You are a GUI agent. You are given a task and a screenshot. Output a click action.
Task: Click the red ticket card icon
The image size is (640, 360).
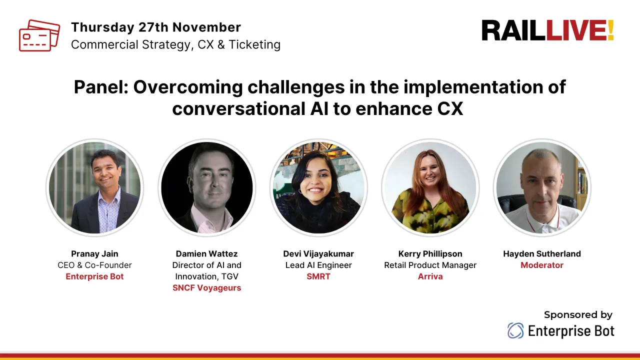tap(39, 35)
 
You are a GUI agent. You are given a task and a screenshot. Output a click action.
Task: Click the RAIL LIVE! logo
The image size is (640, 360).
tap(547, 31)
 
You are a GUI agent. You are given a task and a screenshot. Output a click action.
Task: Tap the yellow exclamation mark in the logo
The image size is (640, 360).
tap(610, 31)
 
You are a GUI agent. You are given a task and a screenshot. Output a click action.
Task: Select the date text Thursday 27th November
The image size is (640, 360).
tap(156, 27)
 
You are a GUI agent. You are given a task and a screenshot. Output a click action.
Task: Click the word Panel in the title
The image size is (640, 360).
tap(100, 87)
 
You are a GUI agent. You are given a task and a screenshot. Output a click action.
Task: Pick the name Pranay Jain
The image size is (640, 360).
tap(94, 253)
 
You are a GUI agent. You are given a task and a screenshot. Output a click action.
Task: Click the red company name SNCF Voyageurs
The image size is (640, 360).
tap(206, 287)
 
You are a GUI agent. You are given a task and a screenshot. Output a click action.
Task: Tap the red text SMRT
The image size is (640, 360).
tap(318, 276)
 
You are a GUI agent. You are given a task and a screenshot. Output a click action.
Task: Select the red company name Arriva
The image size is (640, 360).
tap(430, 276)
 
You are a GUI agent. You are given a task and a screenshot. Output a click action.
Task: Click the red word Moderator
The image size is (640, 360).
tap(542, 265)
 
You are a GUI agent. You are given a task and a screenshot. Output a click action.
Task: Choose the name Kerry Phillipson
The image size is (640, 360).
tap(430, 253)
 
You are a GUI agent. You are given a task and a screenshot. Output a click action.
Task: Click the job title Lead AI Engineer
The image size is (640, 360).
tap(318, 265)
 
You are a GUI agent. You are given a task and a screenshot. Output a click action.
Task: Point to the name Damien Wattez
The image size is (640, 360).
tap(206, 253)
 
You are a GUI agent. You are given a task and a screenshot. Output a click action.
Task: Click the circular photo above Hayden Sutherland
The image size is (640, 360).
tap(542, 187)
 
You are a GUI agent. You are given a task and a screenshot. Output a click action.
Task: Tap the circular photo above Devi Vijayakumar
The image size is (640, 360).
tap(318, 187)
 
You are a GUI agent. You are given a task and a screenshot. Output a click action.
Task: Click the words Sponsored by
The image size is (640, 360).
tap(578, 314)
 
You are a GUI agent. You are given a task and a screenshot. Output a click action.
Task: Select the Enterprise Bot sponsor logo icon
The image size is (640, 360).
tap(515, 330)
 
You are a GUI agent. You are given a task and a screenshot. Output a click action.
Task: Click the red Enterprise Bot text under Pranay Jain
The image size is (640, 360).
tap(94, 276)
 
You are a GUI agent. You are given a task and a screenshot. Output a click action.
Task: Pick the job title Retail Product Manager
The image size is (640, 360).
tap(430, 265)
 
